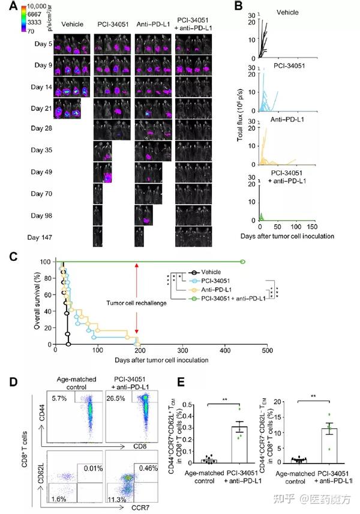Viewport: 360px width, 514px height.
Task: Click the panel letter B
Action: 239,7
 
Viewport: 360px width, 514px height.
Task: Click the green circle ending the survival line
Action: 243,261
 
